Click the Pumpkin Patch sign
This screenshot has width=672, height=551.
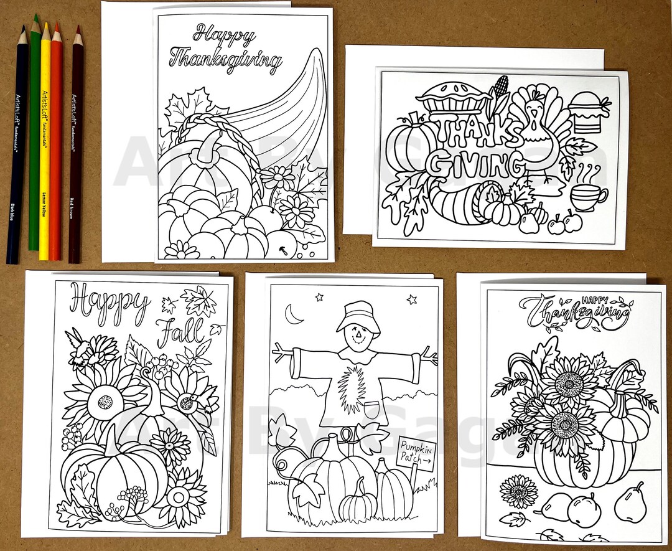tap(417, 453)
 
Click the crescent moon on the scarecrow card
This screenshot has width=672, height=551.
tap(292, 315)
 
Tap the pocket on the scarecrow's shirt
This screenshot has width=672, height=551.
tap(371, 409)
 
